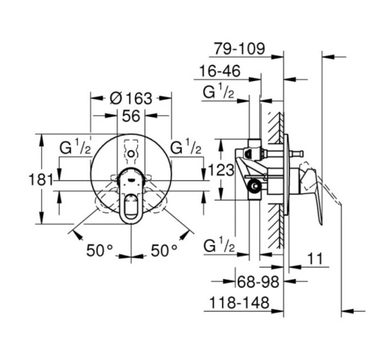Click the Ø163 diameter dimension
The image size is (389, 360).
pyautogui.click(x=131, y=98)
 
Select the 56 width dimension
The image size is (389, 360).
pyautogui.click(x=131, y=115)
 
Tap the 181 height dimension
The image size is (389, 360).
pyautogui.click(x=41, y=179)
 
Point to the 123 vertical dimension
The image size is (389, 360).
pyautogui.click(x=221, y=170)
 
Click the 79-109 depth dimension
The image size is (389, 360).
pyautogui.click(x=240, y=49)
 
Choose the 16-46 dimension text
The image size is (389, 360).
pyautogui.click(x=220, y=71)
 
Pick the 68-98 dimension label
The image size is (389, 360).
pyautogui.click(x=258, y=282)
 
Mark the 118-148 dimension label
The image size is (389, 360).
pyautogui.click(x=239, y=302)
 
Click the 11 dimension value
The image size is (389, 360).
pyautogui.click(x=315, y=259)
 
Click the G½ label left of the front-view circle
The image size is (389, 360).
pyautogui.click(x=75, y=147)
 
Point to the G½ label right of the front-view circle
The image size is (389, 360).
pyautogui.click(x=185, y=147)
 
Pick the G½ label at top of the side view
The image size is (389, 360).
pyautogui.click(x=219, y=91)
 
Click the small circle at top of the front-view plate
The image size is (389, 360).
pyautogui.click(x=131, y=154)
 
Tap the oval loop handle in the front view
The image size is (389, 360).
pyautogui.click(x=131, y=208)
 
